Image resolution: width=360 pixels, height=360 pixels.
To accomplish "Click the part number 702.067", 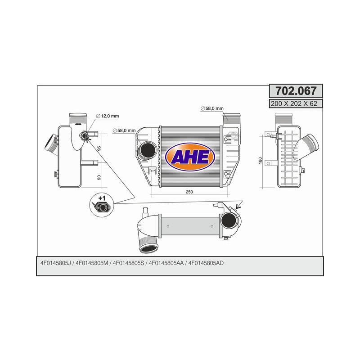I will click(296, 91).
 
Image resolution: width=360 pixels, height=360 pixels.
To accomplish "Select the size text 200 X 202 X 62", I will click(296, 103).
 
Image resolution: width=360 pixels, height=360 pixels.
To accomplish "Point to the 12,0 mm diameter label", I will click(110, 116).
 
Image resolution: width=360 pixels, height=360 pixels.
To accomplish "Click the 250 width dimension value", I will click(189, 192).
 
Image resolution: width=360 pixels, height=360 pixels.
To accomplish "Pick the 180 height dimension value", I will click(261, 161).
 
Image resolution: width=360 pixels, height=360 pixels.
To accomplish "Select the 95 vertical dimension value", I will click(99, 148).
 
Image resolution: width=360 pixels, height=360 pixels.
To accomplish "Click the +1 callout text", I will click(102, 198).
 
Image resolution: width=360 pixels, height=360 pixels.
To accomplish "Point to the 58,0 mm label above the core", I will click(211, 108).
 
